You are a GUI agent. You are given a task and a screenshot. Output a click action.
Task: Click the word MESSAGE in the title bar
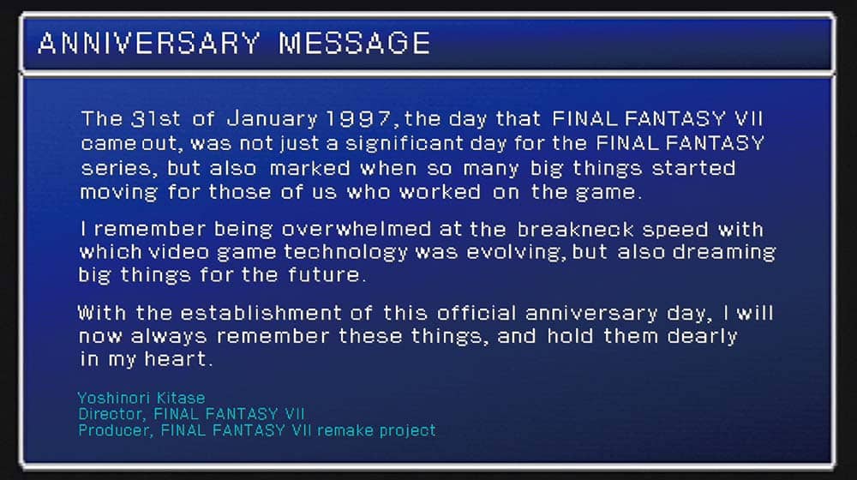[355, 43]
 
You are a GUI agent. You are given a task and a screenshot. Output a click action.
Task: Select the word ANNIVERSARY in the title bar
[149, 43]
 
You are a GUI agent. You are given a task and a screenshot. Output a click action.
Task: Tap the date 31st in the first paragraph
[155, 118]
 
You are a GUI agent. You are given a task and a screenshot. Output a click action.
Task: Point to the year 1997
[358, 118]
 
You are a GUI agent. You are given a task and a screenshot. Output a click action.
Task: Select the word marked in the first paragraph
[310, 168]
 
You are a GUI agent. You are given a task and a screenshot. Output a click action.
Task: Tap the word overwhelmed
[357, 229]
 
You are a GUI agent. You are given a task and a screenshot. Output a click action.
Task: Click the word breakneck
[575, 229]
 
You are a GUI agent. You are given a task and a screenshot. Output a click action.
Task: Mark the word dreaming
[723, 253]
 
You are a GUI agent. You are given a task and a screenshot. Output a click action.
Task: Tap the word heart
[176, 358]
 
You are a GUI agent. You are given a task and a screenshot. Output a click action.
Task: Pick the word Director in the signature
[111, 414]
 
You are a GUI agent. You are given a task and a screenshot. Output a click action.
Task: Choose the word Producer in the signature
[115, 430]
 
